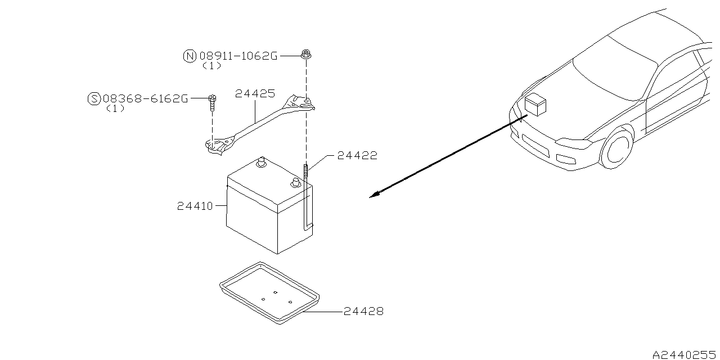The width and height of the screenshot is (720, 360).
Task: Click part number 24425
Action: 255,94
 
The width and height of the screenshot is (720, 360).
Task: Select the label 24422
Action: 357,155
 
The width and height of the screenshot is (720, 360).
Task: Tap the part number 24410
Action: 195,206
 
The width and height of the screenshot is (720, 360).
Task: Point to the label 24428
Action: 363,311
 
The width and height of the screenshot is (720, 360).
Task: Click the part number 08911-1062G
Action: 238,56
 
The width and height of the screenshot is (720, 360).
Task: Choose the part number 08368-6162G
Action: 145,98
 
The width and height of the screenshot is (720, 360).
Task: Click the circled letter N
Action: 190,56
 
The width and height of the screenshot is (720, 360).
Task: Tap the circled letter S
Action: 94,98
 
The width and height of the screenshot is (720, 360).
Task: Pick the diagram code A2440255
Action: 685,355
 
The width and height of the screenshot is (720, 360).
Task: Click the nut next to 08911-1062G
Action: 306,55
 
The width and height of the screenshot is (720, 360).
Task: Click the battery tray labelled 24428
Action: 268,292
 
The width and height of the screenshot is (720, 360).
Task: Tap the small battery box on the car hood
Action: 534,106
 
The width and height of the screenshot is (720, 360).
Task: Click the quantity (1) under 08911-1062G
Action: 211,66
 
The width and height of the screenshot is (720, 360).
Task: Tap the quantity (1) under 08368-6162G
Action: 115,109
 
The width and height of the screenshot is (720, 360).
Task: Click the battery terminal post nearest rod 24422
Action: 295,182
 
